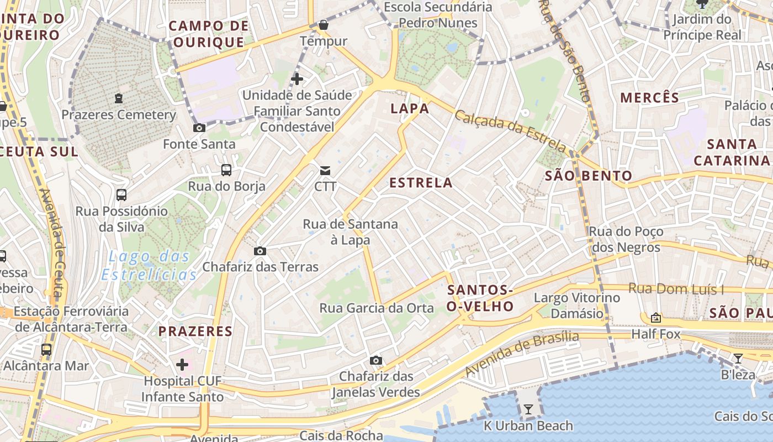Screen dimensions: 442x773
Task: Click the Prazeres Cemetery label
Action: tap(118, 115)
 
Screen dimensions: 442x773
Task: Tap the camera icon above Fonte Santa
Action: tap(199, 128)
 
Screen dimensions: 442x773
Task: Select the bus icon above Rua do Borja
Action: tap(226, 170)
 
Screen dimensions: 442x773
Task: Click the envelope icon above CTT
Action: tap(325, 170)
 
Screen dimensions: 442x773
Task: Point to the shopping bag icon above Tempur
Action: tap(324, 25)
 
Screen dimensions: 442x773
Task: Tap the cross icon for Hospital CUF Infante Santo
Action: tap(182, 365)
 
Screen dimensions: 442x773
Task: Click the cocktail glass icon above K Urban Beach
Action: tap(528, 409)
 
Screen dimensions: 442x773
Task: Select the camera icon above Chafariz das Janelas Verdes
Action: tap(376, 361)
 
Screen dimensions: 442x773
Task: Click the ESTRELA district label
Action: tap(421, 183)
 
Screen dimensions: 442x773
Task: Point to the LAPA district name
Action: tap(410, 109)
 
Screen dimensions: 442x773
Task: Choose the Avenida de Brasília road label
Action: tap(522, 354)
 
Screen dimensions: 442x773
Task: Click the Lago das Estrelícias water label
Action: tap(152, 265)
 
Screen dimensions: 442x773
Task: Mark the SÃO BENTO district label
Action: tap(589, 176)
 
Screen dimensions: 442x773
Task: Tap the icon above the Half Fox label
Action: tap(656, 318)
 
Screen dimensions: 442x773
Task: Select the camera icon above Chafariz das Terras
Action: tap(260, 251)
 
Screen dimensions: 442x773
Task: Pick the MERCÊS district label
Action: tap(649, 98)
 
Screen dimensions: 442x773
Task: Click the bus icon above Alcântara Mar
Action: tap(46, 350)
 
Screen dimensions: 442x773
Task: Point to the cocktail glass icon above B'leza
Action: tap(738, 359)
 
